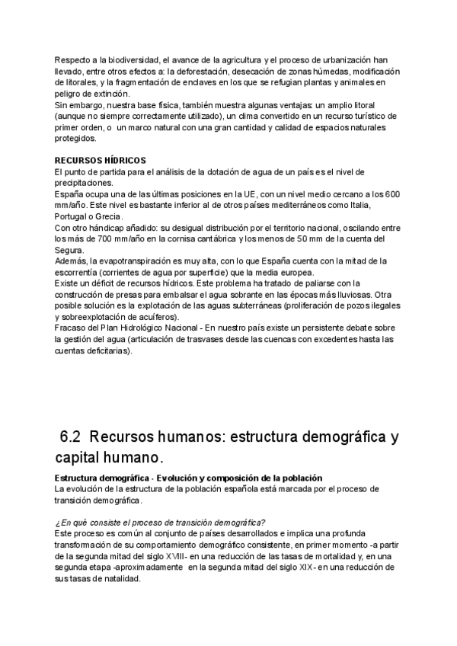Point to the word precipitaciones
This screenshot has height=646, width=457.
point(84,183)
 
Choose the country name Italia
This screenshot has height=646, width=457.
point(382,206)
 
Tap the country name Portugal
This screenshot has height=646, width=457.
point(73,217)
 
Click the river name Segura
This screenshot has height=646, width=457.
point(69,251)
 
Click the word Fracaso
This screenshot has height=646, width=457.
point(70,328)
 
